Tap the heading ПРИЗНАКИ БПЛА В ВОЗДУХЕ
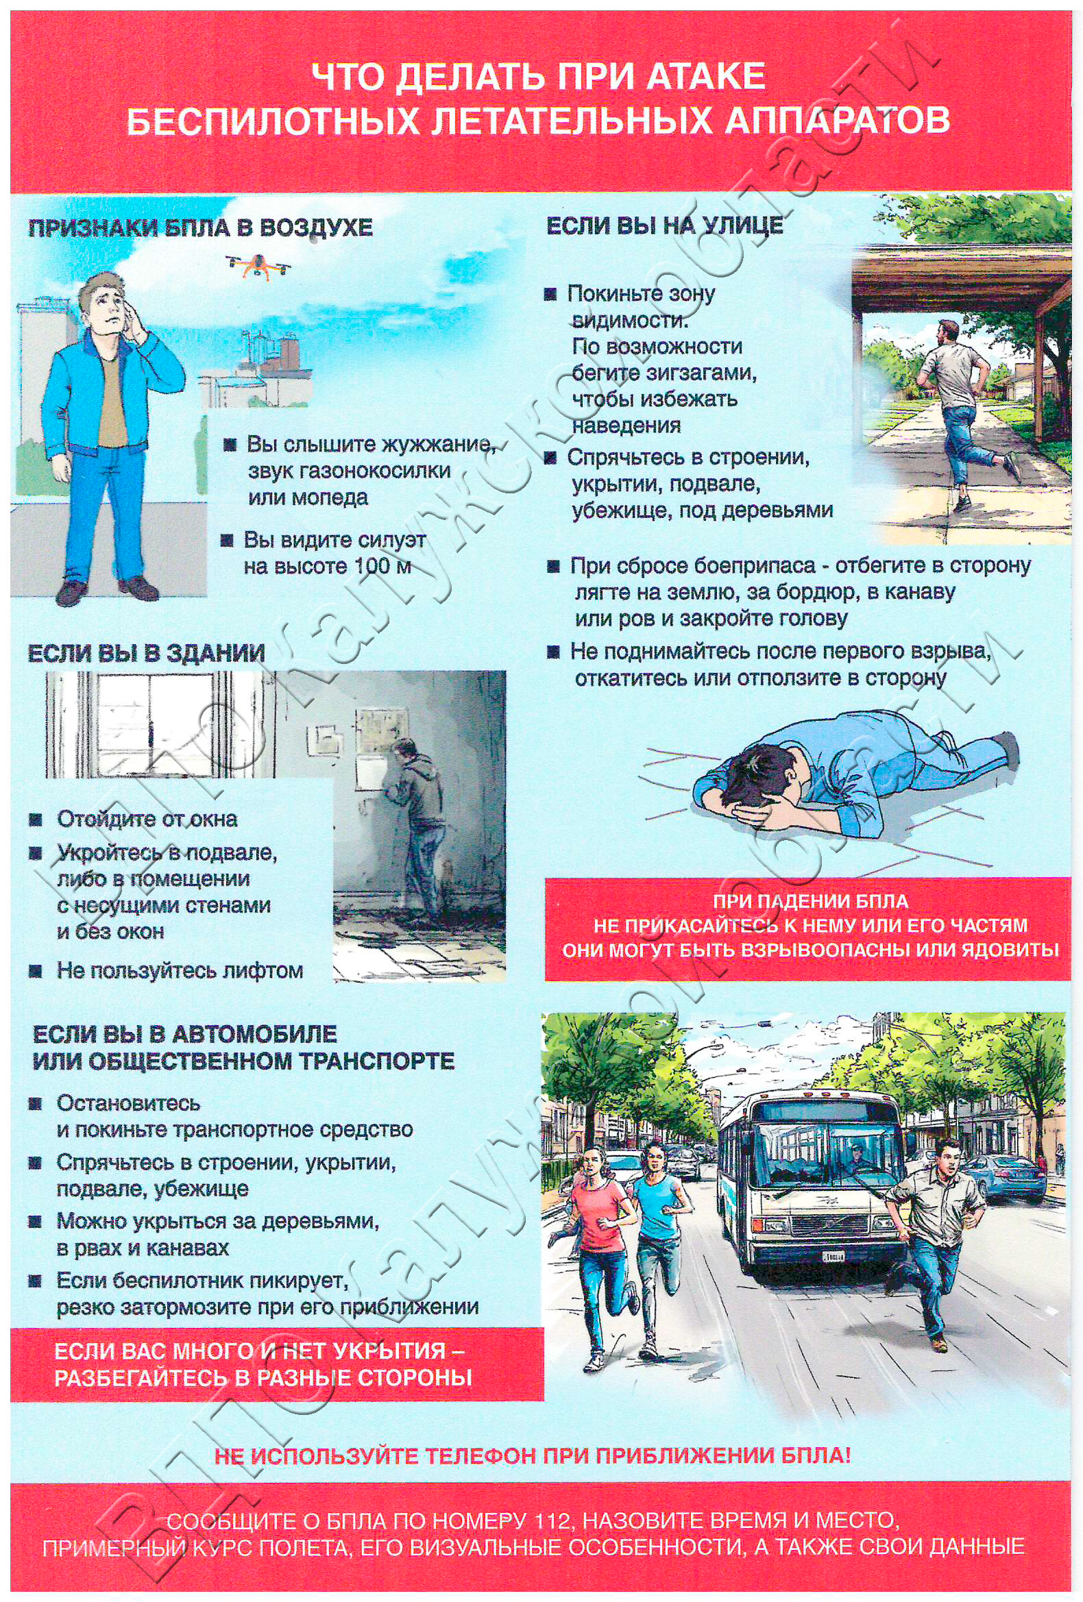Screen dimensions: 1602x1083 click(200, 228)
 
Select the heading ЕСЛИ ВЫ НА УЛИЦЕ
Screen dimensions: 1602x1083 click(665, 225)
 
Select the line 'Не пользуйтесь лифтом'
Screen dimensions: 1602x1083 click(179, 970)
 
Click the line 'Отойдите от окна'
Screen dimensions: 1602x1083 click(147, 819)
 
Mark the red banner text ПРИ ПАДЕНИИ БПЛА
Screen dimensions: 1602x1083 click(810, 901)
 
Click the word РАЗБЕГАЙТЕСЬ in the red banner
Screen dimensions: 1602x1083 click(142, 1379)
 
